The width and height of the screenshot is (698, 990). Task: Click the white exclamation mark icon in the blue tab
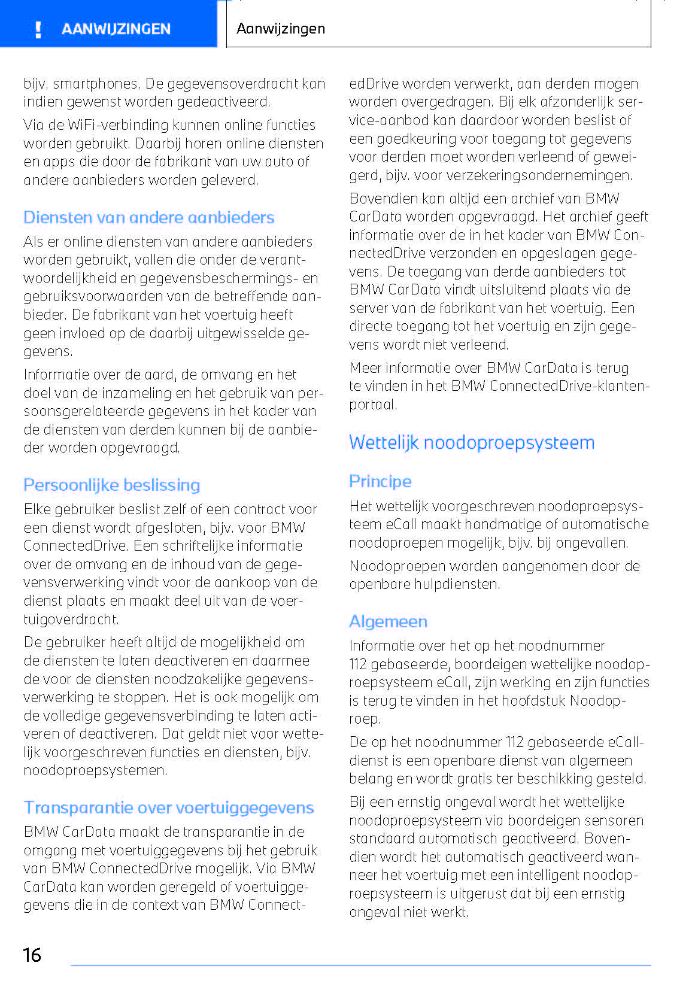(x=38, y=29)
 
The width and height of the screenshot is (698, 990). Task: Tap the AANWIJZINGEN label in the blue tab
(x=116, y=29)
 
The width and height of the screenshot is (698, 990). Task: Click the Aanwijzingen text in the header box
(x=280, y=29)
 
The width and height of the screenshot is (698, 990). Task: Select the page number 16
(x=32, y=955)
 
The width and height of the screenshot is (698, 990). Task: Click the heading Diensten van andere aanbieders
(x=148, y=217)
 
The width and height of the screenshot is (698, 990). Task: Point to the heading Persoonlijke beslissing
(x=111, y=485)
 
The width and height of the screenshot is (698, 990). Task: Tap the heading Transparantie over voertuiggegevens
(x=168, y=807)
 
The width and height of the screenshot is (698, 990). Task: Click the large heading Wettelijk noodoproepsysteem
(x=472, y=442)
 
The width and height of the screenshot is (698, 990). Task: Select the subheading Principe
(x=380, y=481)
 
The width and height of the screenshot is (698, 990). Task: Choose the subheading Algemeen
(x=388, y=621)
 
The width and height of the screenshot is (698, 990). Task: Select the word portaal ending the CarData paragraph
(x=372, y=405)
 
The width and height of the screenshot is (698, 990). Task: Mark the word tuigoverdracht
(x=71, y=619)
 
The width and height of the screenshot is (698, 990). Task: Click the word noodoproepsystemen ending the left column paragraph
(x=95, y=770)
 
